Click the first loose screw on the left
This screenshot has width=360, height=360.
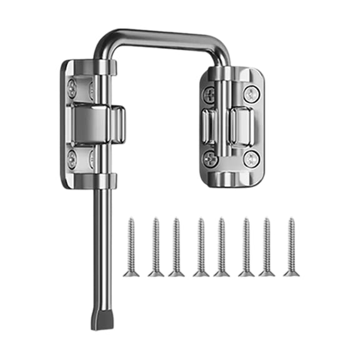tap(132, 247)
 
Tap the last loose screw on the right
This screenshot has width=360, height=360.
tap(290, 247)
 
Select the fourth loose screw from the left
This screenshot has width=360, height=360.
tap(200, 247)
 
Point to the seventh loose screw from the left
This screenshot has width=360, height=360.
tap(267, 247)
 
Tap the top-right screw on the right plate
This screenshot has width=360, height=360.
tap(251, 95)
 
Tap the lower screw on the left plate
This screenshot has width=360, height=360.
tap(73, 154)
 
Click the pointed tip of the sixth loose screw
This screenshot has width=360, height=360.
tap(246, 219)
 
